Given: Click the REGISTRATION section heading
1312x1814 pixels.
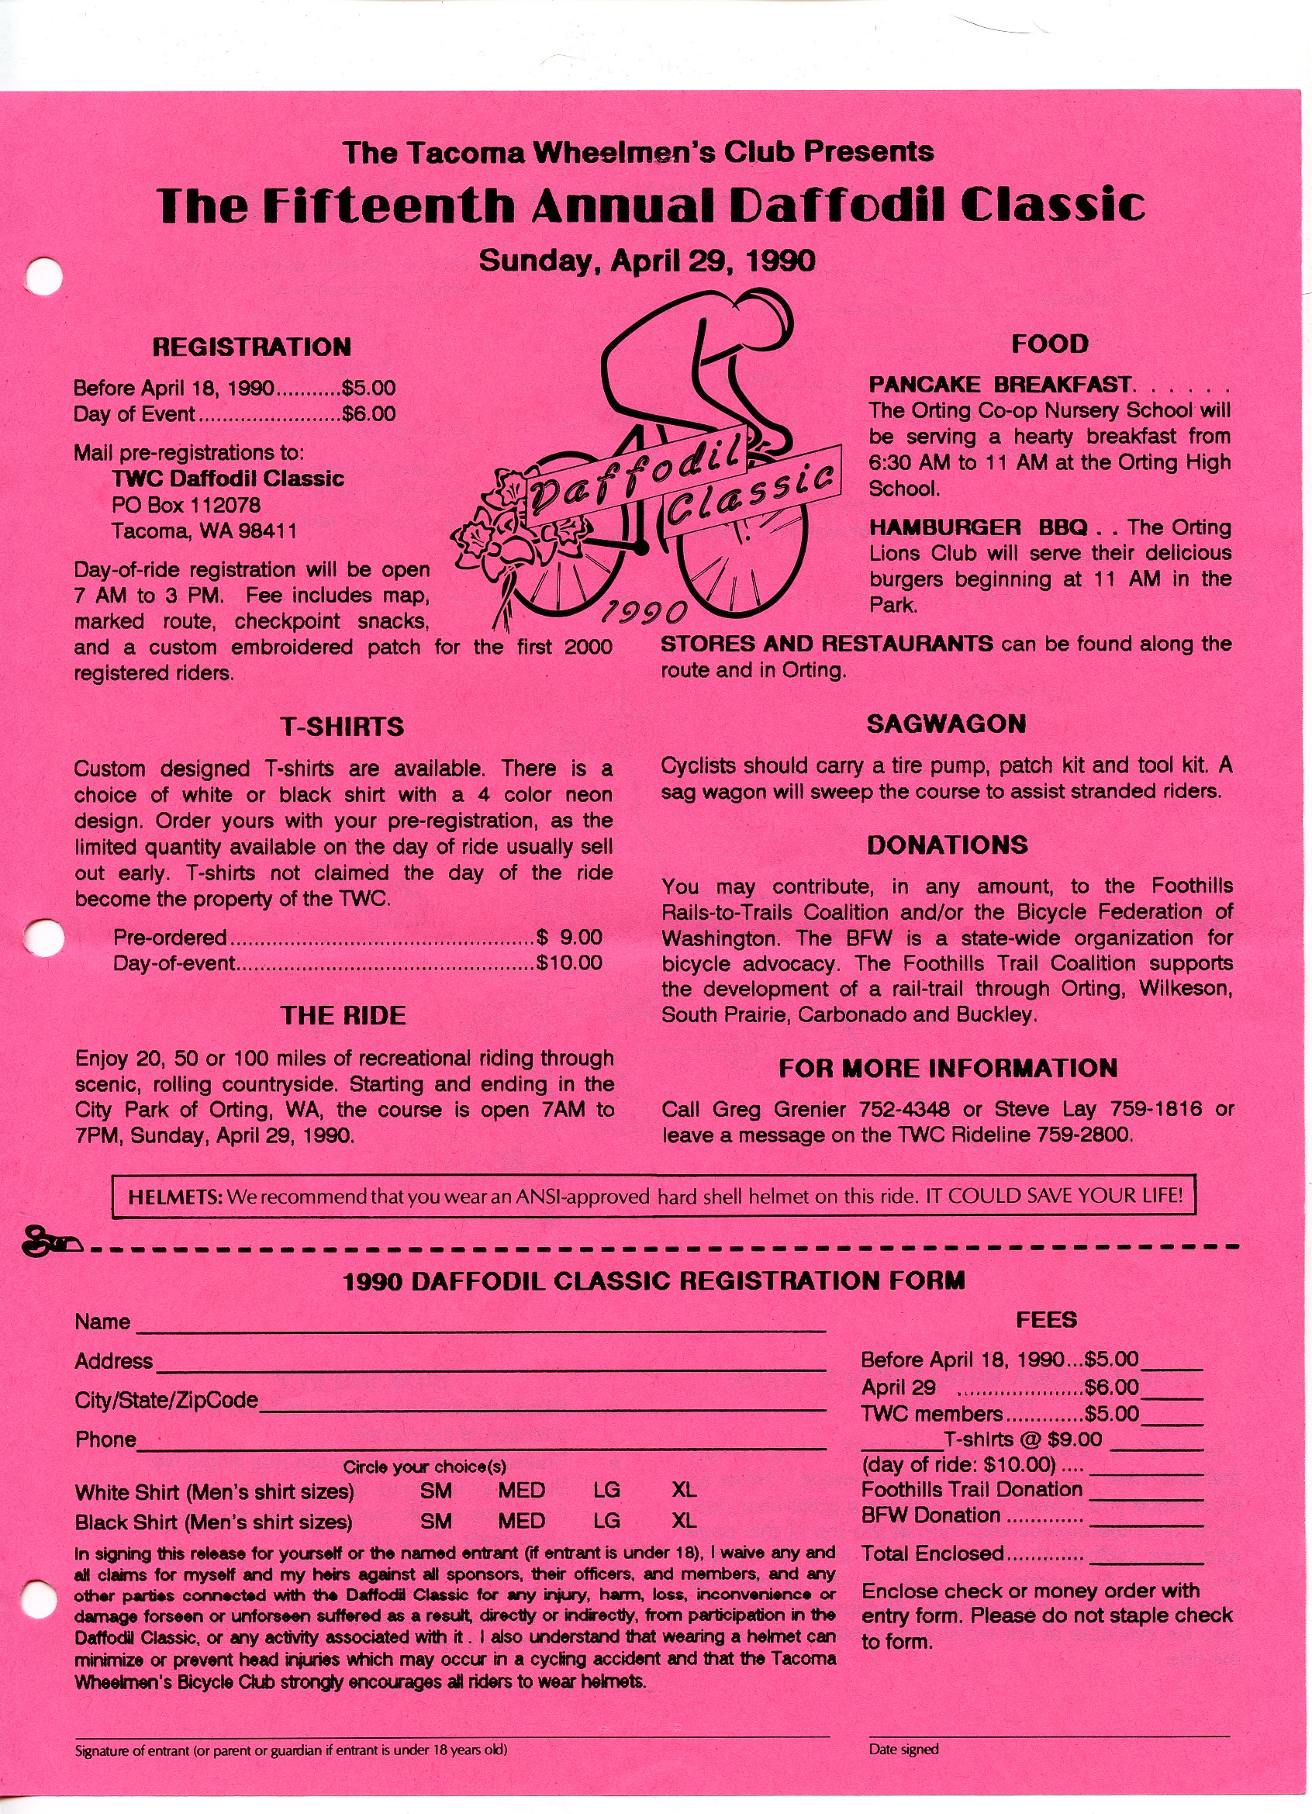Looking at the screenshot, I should [251, 347].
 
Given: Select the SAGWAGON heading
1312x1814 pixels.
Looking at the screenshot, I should [946, 724].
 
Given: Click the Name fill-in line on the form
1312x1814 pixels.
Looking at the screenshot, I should [480, 1329].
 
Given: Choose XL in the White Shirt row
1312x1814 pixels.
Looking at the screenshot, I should [684, 1490].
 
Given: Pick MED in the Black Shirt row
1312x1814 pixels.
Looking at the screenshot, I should [520, 1521].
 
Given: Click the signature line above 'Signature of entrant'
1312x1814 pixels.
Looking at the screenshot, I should [452, 1757].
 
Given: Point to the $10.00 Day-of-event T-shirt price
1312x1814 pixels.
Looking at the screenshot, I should [568, 963].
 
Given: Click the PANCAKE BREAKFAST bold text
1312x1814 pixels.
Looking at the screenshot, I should [1000, 385].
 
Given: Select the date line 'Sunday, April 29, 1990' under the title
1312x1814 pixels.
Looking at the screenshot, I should [646, 261].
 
